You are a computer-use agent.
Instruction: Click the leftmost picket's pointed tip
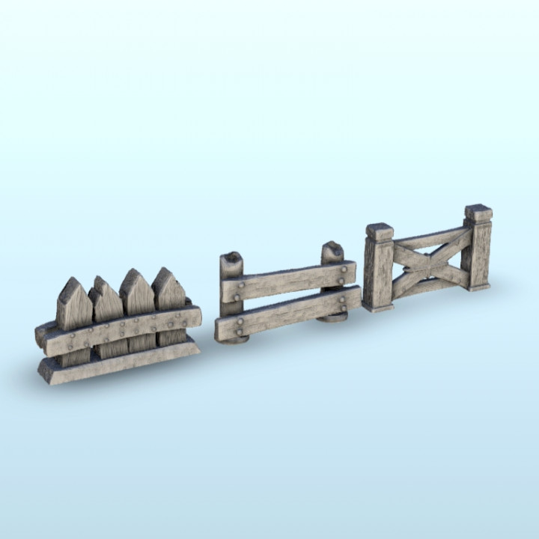72,283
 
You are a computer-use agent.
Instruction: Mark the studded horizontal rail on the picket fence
120,330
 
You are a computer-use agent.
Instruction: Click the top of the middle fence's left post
231,258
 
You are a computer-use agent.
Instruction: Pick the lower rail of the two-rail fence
288,313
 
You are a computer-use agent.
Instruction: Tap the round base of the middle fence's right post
332,318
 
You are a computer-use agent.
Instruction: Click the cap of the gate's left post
380,231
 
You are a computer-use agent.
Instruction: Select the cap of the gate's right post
478,213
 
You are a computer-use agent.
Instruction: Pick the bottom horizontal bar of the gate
430,287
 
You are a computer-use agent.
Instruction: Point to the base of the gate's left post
378,306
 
